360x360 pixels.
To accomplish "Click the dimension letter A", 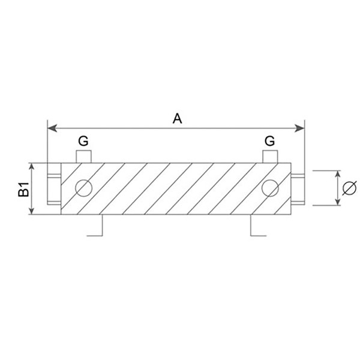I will [x=178, y=118].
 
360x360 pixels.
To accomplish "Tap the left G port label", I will [x=83, y=141].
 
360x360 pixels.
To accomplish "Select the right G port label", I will [x=270, y=141].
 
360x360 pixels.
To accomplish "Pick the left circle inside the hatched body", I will [x=83, y=188].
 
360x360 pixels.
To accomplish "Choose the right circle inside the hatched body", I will [x=270, y=188].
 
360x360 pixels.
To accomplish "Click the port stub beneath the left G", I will [x=83, y=157].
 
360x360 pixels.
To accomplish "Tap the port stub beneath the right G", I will [x=270, y=157].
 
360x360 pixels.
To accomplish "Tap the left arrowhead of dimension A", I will [x=52, y=128].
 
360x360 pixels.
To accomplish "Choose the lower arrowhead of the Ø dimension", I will [x=337, y=202].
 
